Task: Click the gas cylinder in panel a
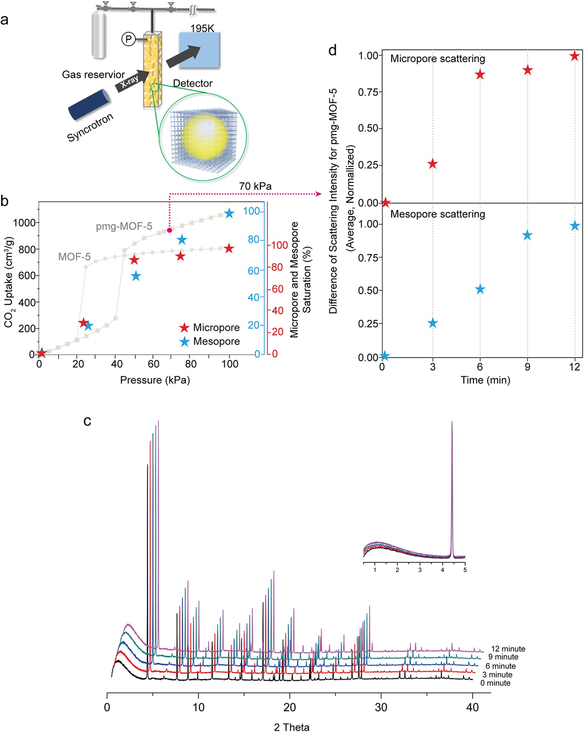pos(99,33)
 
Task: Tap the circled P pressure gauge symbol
pos(129,39)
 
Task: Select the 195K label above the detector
pos(202,29)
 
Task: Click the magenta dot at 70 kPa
pos(169,230)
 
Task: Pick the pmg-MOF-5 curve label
pos(124,226)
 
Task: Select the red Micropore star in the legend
pos(184,328)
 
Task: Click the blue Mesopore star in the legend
pos(184,341)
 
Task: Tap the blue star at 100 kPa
pos(229,213)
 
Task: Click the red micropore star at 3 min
pos(432,164)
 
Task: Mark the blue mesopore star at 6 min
pos(480,289)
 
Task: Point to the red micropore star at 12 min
pos(574,56)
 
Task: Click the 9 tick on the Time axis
pos(527,367)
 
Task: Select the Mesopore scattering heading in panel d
pos(438,214)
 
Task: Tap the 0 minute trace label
pos(495,683)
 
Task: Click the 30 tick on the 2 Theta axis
pos(381,707)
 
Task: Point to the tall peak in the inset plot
pos(452,489)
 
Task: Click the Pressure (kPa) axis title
pos(155,380)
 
